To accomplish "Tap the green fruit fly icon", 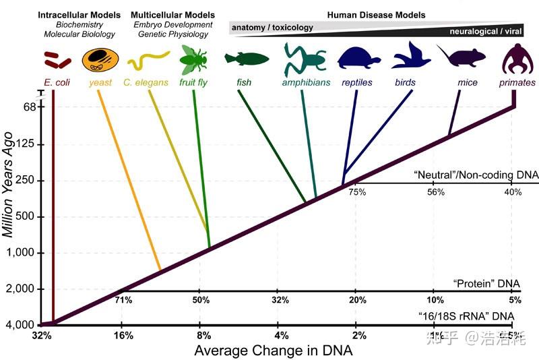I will click(193, 61).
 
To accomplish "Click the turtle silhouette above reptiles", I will click(357, 59).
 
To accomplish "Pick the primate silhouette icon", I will click(517, 60).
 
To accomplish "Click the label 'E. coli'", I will click(53, 83).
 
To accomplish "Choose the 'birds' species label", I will click(406, 83).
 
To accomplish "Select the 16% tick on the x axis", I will click(122, 336).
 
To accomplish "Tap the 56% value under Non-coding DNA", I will click(435, 192).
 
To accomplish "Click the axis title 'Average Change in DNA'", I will click(273, 351).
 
